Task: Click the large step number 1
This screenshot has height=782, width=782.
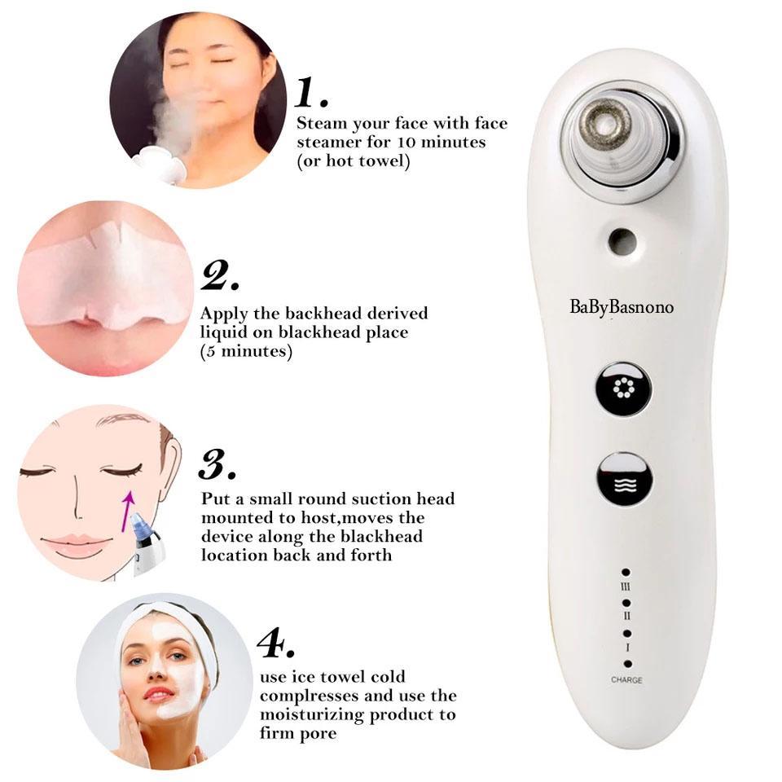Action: (x=312, y=92)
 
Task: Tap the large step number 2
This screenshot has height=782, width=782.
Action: (x=220, y=276)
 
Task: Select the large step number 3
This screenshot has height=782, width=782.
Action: (x=217, y=464)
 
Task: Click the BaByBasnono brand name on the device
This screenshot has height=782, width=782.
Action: (x=622, y=307)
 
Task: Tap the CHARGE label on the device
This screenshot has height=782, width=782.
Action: (x=627, y=679)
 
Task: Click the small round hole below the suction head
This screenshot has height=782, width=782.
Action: (x=622, y=241)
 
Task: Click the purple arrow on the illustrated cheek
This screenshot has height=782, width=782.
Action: (x=127, y=511)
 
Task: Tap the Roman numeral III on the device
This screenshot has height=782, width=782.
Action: (x=626, y=586)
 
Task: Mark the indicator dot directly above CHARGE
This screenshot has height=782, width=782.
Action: (x=627, y=664)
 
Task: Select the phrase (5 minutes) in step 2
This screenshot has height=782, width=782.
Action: (x=246, y=352)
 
